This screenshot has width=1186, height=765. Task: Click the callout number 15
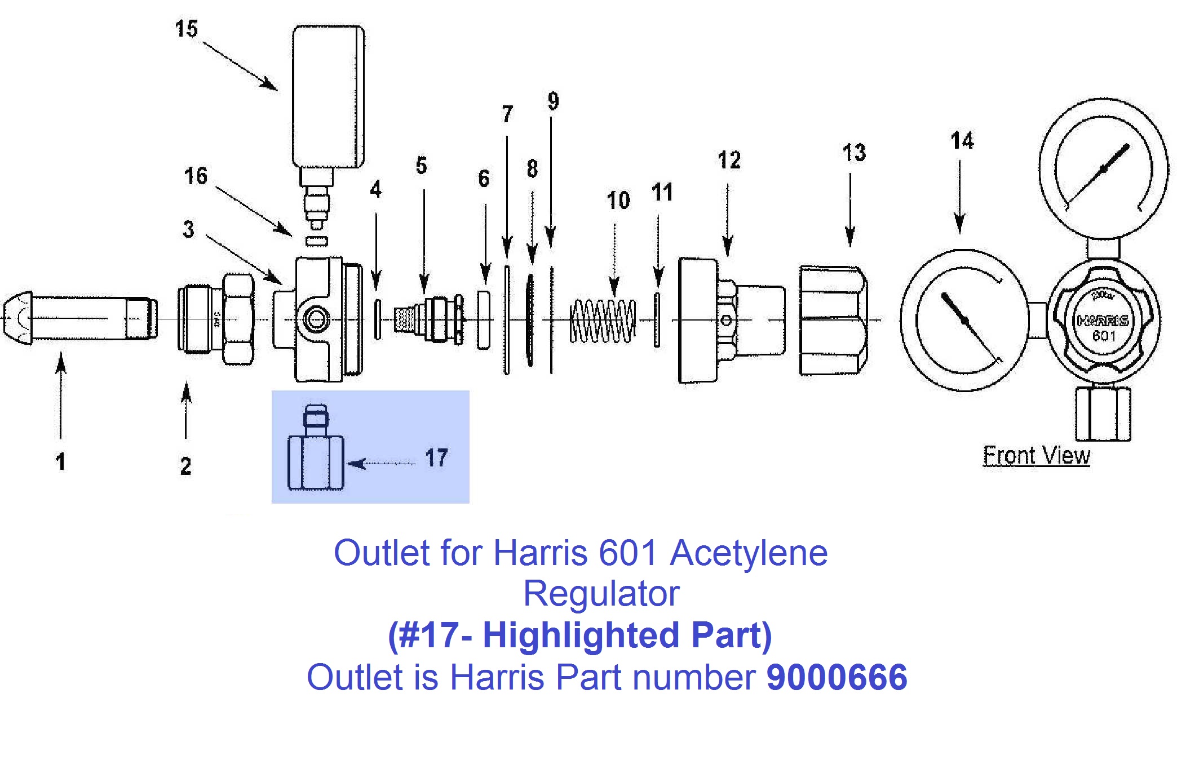coord(186,29)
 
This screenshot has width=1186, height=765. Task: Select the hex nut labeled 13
coord(833,321)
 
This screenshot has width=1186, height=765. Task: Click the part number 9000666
coord(836,677)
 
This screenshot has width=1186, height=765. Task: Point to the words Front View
coord(1035,455)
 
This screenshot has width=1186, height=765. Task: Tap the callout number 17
coord(436,457)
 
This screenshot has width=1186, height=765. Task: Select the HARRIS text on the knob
coord(1103,321)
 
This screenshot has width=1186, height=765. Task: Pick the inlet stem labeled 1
coord(79,318)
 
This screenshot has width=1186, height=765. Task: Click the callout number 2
coord(185,466)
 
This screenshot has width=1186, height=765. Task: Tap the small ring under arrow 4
coord(377,319)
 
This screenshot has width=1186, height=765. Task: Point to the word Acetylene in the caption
coord(749,553)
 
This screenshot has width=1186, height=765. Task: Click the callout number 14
coord(962,141)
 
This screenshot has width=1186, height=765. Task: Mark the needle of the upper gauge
coord(1103,169)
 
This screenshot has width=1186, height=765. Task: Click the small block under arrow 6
coord(483,320)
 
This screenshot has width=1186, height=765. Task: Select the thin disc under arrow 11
coord(657,319)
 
